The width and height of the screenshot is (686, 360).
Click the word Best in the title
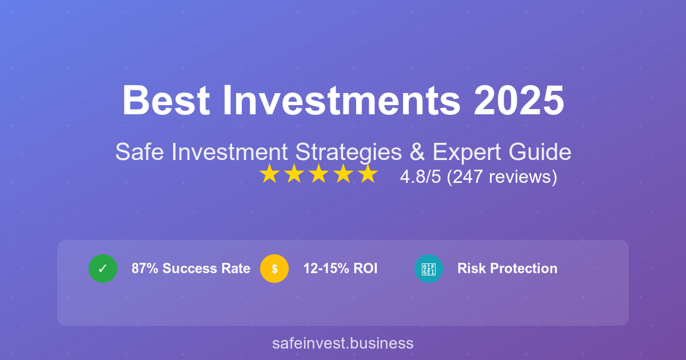(x=164, y=101)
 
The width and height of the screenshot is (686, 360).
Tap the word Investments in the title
(x=341, y=101)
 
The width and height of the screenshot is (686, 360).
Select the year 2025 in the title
(x=519, y=101)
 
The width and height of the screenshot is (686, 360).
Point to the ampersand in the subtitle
(x=418, y=153)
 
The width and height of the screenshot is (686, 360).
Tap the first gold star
(x=269, y=174)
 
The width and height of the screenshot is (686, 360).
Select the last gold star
(x=368, y=174)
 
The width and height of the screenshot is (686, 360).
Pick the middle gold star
(x=318, y=174)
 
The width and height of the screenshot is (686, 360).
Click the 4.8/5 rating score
(x=420, y=177)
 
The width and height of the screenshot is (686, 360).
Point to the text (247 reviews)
(x=501, y=177)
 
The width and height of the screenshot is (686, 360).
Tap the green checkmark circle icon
(x=103, y=269)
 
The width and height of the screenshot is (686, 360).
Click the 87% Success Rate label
(x=191, y=269)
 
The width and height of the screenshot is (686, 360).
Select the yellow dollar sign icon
(x=274, y=269)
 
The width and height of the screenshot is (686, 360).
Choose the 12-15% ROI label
(x=340, y=269)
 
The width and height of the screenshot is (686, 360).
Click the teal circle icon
(x=429, y=269)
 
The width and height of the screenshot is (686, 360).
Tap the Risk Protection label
(x=507, y=269)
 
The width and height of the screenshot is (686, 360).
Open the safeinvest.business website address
(x=343, y=343)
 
